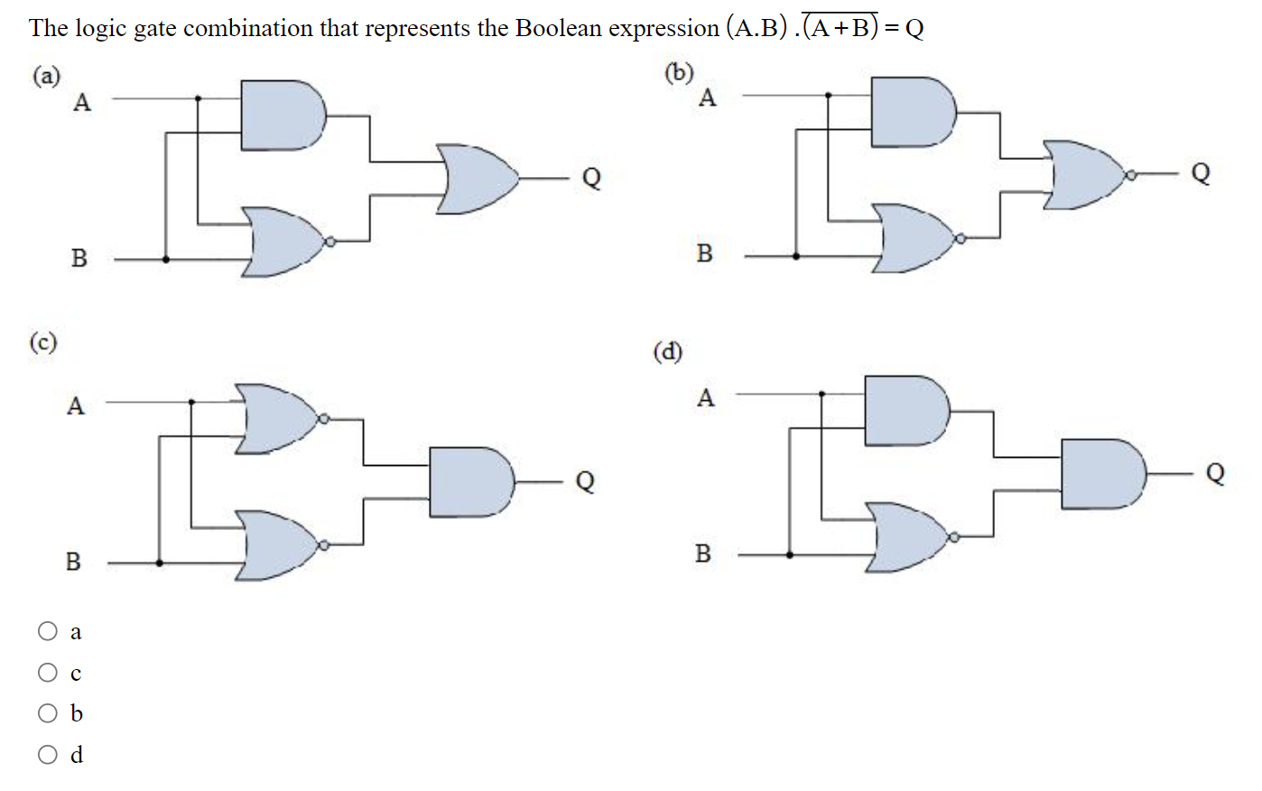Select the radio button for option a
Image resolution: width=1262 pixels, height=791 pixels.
click(48, 631)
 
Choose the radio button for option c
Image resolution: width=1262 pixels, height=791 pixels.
click(48, 673)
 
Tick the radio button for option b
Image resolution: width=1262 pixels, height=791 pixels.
click(48, 713)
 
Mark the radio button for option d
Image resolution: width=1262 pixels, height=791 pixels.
click(48, 754)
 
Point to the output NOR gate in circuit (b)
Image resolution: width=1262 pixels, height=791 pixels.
click(1082, 174)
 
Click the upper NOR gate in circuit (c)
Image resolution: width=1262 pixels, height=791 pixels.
click(276, 419)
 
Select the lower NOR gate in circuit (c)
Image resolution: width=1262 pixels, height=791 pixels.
click(276, 545)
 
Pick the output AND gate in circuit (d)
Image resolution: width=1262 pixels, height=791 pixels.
click(1100, 473)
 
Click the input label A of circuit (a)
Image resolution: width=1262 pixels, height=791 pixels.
click(82, 103)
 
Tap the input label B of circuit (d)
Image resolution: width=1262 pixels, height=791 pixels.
click(703, 554)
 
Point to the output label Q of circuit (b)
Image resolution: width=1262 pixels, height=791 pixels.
click(1200, 172)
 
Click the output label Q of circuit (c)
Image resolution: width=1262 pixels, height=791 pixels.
click(585, 480)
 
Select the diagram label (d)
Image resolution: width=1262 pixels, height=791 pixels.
click(668, 351)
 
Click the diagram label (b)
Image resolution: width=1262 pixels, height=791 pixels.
click(679, 72)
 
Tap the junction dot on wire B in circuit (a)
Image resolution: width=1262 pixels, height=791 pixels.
click(165, 259)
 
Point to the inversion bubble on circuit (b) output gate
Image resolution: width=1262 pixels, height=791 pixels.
click(1128, 173)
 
